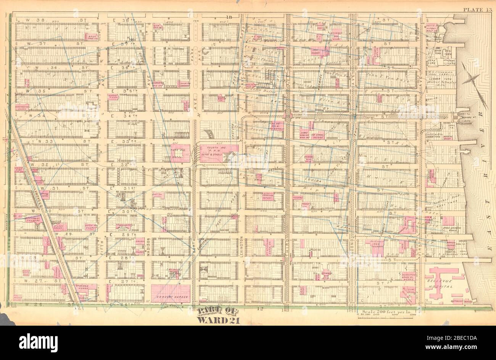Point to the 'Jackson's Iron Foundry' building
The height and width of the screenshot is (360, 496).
(377, 245)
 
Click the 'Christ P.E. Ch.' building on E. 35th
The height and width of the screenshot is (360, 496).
(114, 97)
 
